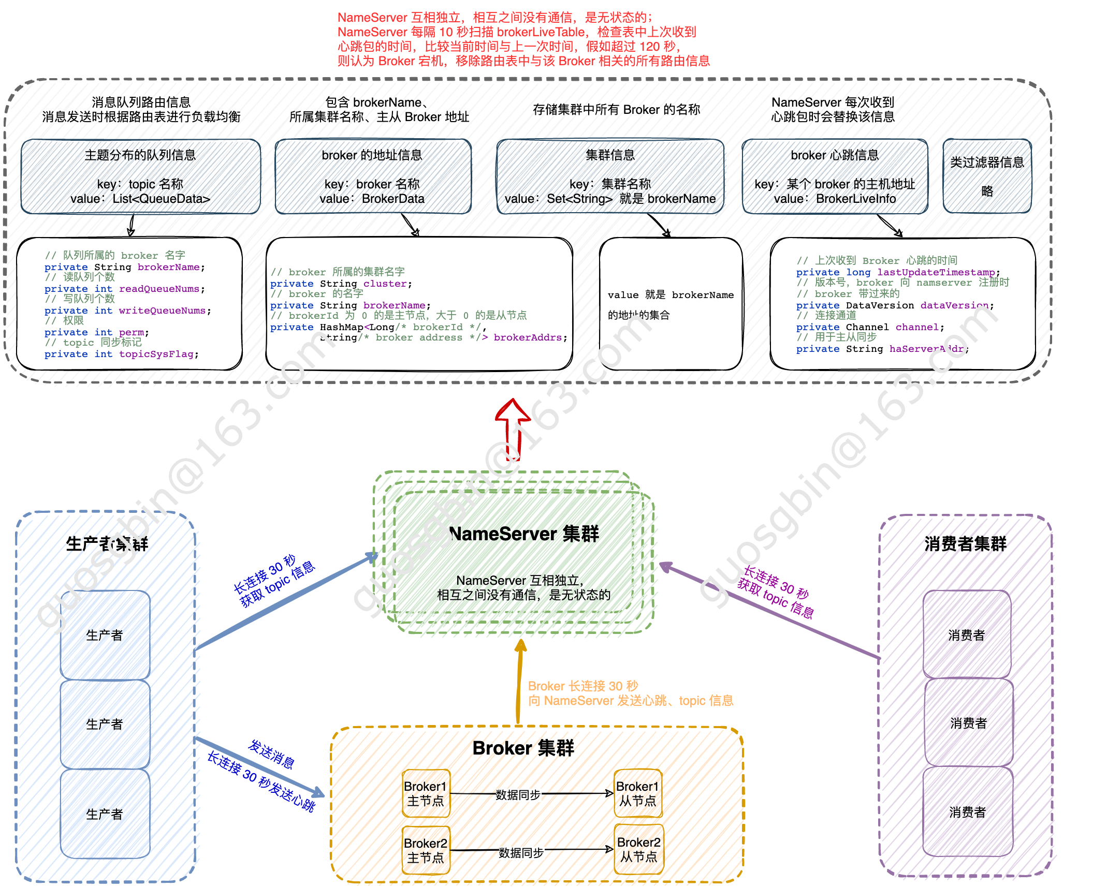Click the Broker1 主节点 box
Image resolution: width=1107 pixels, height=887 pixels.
[x=426, y=793]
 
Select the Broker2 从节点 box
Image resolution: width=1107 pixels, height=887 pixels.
[x=638, y=849]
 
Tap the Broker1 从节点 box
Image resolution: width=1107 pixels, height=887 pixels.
[x=637, y=793]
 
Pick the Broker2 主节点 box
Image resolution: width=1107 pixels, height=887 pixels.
[x=426, y=850]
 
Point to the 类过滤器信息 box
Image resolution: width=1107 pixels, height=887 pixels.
[x=987, y=176]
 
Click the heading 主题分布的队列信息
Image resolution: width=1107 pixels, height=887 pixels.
[x=140, y=155]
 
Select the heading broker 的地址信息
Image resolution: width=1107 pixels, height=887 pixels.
[x=372, y=155]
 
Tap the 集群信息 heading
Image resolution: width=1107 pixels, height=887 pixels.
[x=610, y=155]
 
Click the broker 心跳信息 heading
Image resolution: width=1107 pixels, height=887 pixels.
[x=835, y=155]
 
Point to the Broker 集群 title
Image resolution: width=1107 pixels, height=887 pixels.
[x=523, y=748]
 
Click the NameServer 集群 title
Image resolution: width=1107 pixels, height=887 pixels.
[x=524, y=534]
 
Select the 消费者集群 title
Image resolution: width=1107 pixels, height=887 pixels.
[x=965, y=544]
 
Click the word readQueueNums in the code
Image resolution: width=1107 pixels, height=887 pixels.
[x=159, y=289]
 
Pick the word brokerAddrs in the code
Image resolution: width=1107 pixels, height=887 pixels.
[x=527, y=337]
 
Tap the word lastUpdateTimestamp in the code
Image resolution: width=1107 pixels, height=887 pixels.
[x=936, y=272]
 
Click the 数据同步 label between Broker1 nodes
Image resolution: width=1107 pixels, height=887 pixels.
[x=518, y=794]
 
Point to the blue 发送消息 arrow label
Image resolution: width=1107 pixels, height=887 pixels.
[x=271, y=754]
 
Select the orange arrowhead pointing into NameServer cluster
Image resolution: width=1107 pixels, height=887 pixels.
[x=521, y=646]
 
